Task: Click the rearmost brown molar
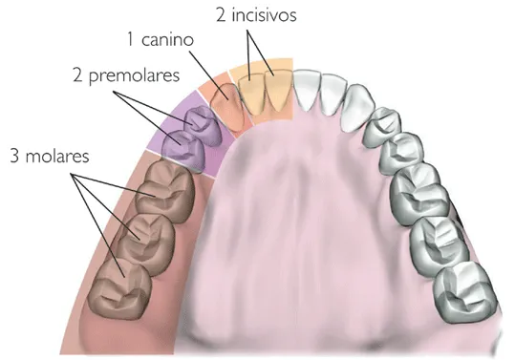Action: click(x=117, y=287)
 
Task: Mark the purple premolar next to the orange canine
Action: click(x=201, y=123)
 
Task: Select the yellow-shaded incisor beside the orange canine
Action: click(x=251, y=91)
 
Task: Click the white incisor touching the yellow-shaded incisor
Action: click(x=308, y=91)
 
